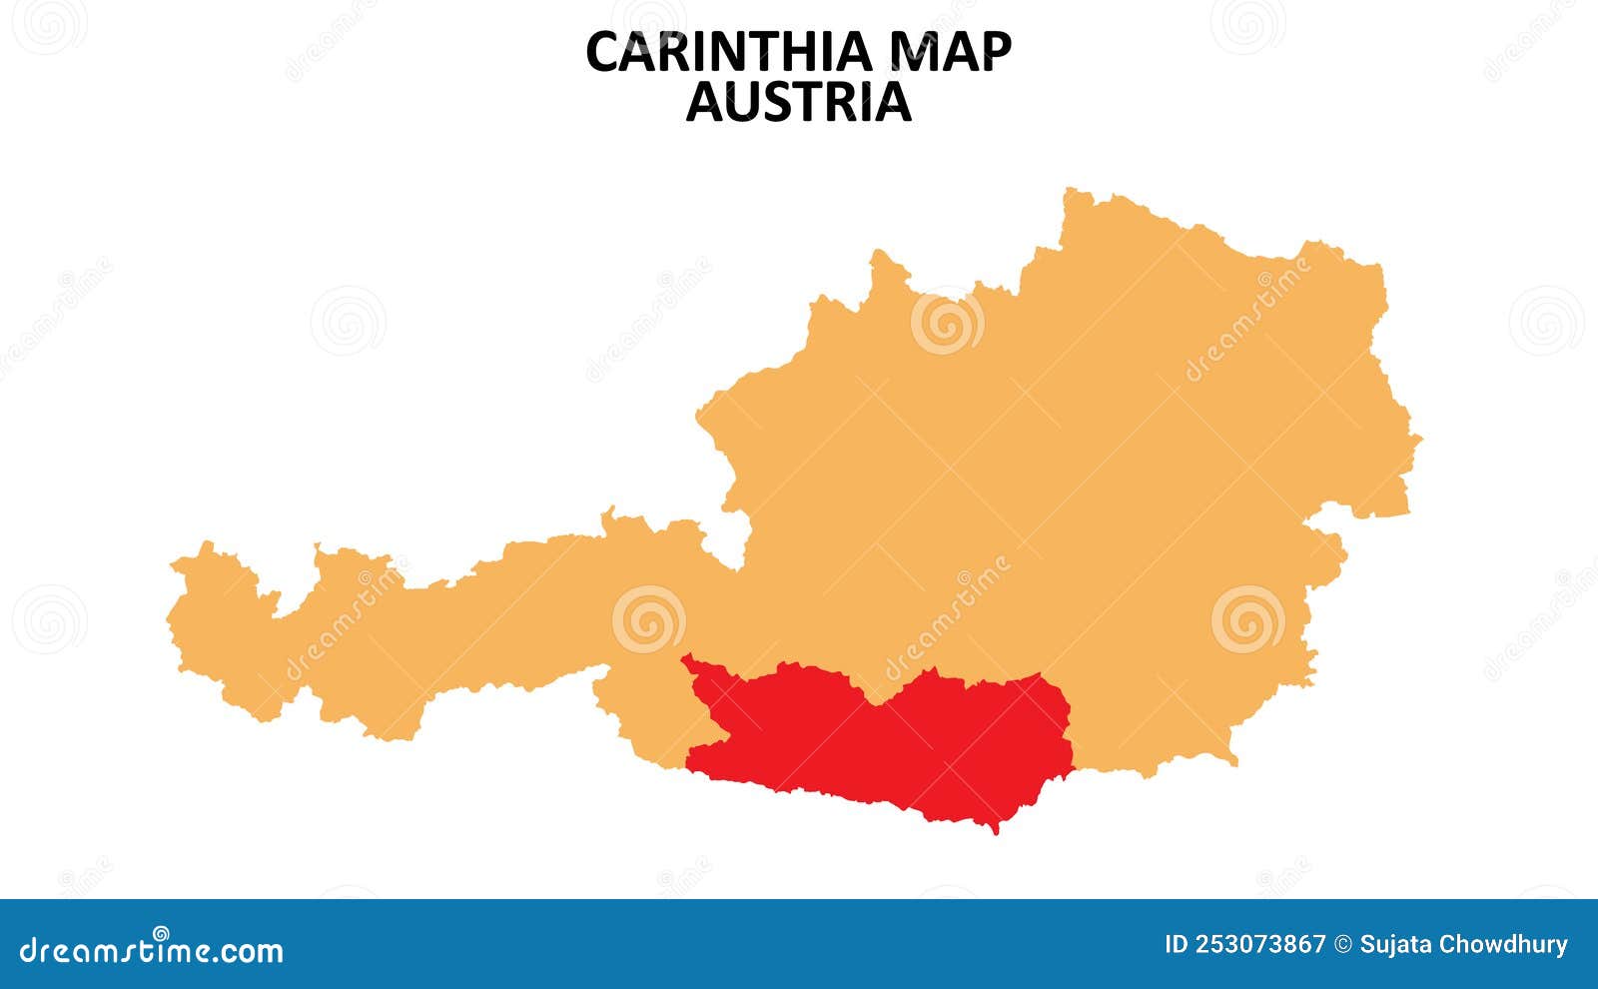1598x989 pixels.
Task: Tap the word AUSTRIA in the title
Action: (798, 102)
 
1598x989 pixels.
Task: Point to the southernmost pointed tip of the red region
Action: (995, 831)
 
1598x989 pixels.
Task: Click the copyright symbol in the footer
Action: (1343, 945)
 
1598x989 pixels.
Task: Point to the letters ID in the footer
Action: (1177, 945)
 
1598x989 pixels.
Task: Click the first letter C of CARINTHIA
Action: (602, 53)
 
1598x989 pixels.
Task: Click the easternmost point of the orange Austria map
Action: (1419, 438)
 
